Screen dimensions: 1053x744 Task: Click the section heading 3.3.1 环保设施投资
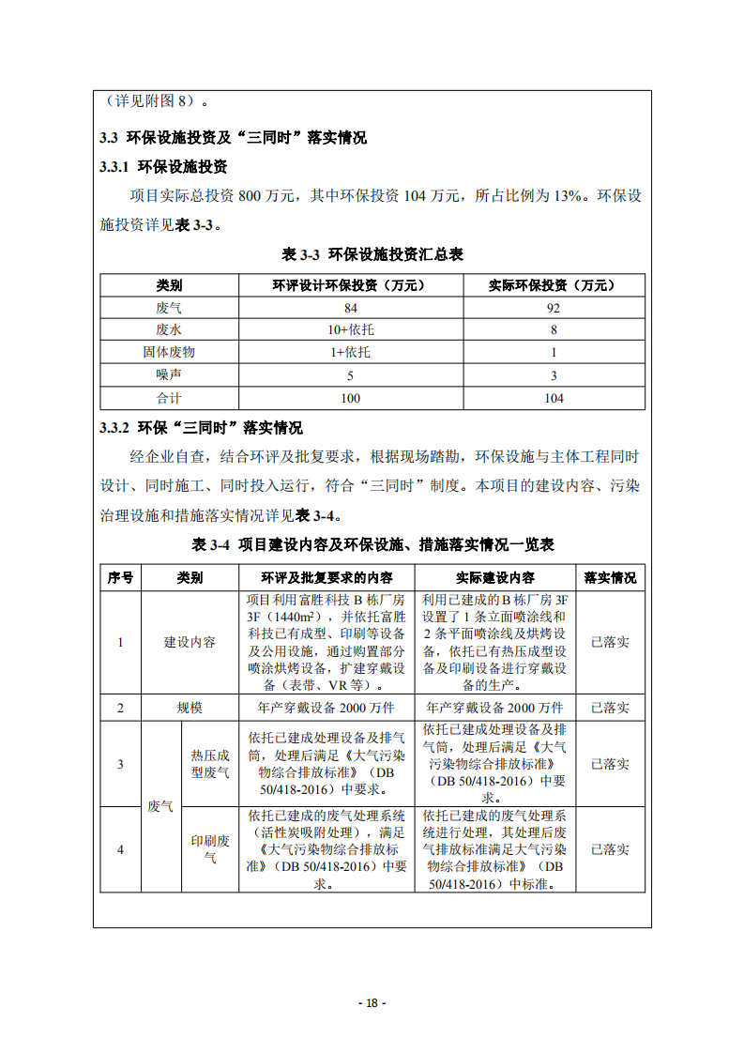[x=163, y=167]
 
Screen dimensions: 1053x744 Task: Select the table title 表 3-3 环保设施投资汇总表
[x=372, y=254]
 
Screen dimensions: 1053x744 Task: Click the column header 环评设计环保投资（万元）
[x=350, y=285]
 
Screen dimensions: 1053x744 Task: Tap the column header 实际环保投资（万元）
[x=554, y=285]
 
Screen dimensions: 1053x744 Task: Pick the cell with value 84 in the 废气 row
[x=350, y=308]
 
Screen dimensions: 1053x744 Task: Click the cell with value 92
[x=554, y=308]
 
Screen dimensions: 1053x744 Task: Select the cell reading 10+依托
[x=350, y=330]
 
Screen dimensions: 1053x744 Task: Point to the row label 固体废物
[x=169, y=353]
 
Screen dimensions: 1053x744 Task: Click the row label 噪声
[x=169, y=375]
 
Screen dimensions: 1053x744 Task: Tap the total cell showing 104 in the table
[x=554, y=398]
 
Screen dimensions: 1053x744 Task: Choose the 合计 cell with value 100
[x=350, y=398]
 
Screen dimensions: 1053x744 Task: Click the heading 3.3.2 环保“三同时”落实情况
[x=201, y=428]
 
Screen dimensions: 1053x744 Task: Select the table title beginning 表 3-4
[x=372, y=544]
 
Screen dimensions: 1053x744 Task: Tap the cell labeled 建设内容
[x=190, y=642]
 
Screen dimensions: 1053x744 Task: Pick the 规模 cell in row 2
[x=190, y=708]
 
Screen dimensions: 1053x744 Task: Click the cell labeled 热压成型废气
[x=210, y=763]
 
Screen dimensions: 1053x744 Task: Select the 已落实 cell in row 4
[x=610, y=849]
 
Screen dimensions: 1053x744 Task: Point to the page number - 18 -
[x=372, y=1002]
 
